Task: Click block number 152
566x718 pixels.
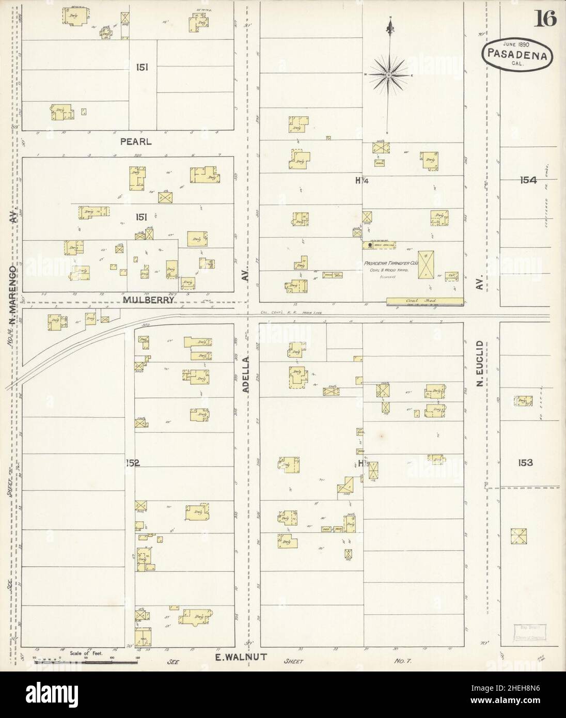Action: pyautogui.click(x=132, y=463)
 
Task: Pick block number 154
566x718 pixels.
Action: pyautogui.click(x=528, y=180)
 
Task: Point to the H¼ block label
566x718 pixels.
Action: pyautogui.click(x=361, y=180)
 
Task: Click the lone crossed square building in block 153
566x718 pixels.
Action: pyautogui.click(x=516, y=536)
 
